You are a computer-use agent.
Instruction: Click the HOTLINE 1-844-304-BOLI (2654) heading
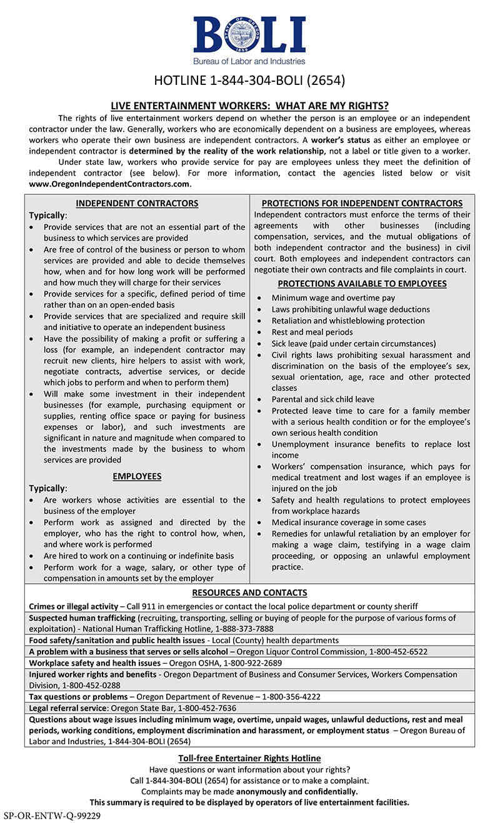pyautogui.click(x=249, y=81)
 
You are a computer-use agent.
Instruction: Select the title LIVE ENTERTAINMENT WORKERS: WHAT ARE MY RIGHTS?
pyautogui.click(x=249, y=106)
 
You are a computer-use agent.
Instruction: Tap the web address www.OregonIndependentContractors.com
pyautogui.click(x=109, y=184)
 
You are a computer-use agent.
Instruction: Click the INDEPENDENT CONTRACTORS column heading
pyautogui.click(x=137, y=203)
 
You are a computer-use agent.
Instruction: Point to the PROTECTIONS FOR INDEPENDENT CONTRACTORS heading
pyautogui.click(x=362, y=203)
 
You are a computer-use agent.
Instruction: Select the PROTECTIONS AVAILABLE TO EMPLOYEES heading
pyautogui.click(x=362, y=283)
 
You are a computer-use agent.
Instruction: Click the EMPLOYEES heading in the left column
pyautogui.click(x=137, y=476)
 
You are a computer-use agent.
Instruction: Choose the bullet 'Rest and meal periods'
pyautogui.click(x=312, y=332)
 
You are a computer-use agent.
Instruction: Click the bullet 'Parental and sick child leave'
pyautogui.click(x=322, y=399)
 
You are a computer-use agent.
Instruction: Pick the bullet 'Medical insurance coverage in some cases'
pyautogui.click(x=349, y=522)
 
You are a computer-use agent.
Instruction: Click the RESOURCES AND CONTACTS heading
pyautogui.click(x=249, y=593)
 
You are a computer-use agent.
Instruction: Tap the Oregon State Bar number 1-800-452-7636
pyautogui.click(x=207, y=707)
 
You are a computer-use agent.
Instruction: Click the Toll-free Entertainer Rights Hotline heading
pyautogui.click(x=249, y=758)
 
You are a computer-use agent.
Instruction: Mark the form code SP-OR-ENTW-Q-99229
pyautogui.click(x=52, y=816)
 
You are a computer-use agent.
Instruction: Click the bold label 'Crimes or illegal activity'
pyautogui.click(x=73, y=606)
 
